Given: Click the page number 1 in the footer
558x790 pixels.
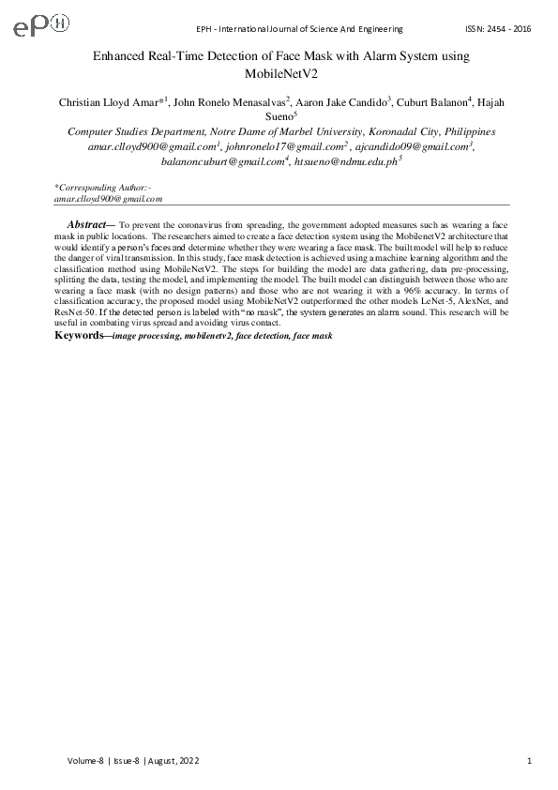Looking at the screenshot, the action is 531,760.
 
